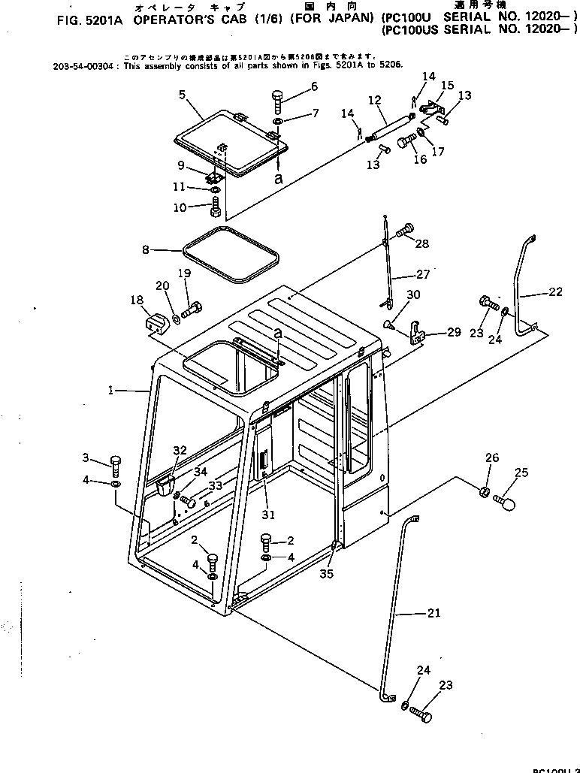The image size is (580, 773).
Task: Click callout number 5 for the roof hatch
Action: pos(182,95)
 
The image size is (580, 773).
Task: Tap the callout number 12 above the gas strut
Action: pos(375,99)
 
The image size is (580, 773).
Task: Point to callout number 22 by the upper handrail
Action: pos(554,292)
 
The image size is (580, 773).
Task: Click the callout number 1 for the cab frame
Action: pos(110,390)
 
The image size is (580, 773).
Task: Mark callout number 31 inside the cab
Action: pos(268,515)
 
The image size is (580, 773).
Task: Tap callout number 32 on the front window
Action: pos(179,451)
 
